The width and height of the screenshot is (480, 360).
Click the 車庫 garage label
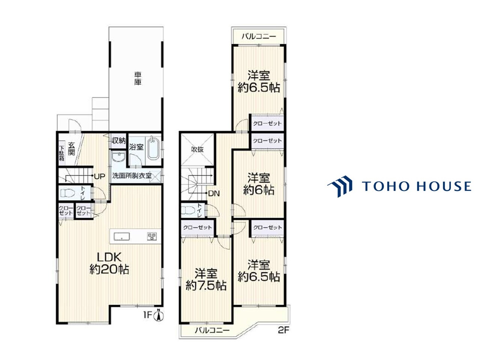(x=138, y=78)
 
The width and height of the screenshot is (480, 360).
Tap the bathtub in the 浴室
(x=153, y=148)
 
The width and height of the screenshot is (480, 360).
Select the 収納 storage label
(x=119, y=141)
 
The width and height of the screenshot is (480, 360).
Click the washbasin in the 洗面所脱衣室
(x=118, y=157)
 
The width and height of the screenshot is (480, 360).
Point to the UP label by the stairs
(x=99, y=176)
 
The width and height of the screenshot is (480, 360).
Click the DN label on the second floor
(x=214, y=193)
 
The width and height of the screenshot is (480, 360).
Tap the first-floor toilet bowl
(x=68, y=193)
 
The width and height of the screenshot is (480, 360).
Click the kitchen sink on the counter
(x=121, y=237)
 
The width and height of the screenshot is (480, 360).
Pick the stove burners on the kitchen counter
(x=152, y=236)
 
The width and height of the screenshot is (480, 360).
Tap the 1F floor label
(x=148, y=315)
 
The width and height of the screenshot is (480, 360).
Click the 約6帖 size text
(x=259, y=190)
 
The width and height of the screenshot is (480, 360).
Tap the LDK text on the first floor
(x=109, y=257)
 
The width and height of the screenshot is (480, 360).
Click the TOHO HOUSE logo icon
(x=340, y=186)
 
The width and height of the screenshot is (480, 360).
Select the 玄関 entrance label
(x=71, y=148)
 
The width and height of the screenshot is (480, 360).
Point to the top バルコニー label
(x=259, y=36)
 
